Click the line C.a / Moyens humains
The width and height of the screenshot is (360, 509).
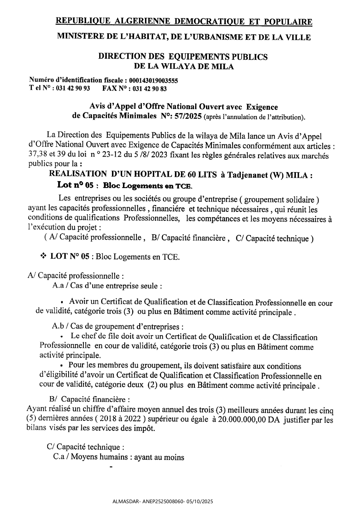click(x=118, y=457)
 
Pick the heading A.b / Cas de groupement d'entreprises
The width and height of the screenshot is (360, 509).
click(x=117, y=326)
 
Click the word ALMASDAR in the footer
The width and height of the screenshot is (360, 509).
click(x=125, y=501)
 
